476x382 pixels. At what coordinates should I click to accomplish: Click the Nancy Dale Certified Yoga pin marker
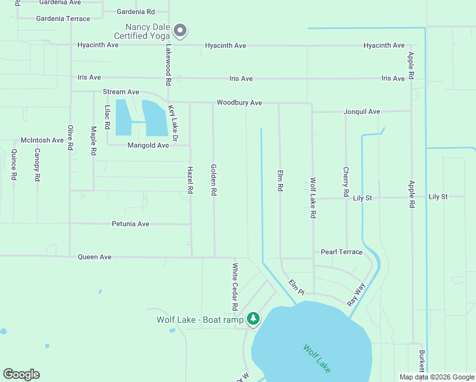(x=181, y=30)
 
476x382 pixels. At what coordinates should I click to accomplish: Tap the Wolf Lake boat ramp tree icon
(x=253, y=318)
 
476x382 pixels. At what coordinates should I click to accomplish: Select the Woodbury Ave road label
(x=239, y=103)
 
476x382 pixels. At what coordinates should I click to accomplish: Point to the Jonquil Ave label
(x=361, y=112)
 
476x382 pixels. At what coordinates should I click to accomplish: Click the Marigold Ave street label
(x=148, y=145)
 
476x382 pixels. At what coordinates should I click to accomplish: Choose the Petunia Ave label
(x=130, y=224)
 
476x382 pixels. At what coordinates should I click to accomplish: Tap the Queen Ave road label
(x=94, y=257)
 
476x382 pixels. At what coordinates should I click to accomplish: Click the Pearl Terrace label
(x=341, y=252)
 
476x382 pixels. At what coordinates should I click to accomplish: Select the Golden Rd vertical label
(x=214, y=180)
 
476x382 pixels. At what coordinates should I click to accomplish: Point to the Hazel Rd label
(x=190, y=180)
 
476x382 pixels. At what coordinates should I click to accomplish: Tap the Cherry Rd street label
(x=346, y=181)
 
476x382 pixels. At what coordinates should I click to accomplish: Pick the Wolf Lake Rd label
(x=313, y=198)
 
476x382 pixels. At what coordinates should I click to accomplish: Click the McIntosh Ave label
(x=43, y=140)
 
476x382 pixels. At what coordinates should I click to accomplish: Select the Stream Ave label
(x=121, y=92)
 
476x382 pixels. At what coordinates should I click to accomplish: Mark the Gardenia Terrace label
(x=63, y=19)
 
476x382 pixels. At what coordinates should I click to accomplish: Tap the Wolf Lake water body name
(x=316, y=358)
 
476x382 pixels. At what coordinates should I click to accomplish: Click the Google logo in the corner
(x=21, y=374)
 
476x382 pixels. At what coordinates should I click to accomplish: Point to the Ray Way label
(x=356, y=295)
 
